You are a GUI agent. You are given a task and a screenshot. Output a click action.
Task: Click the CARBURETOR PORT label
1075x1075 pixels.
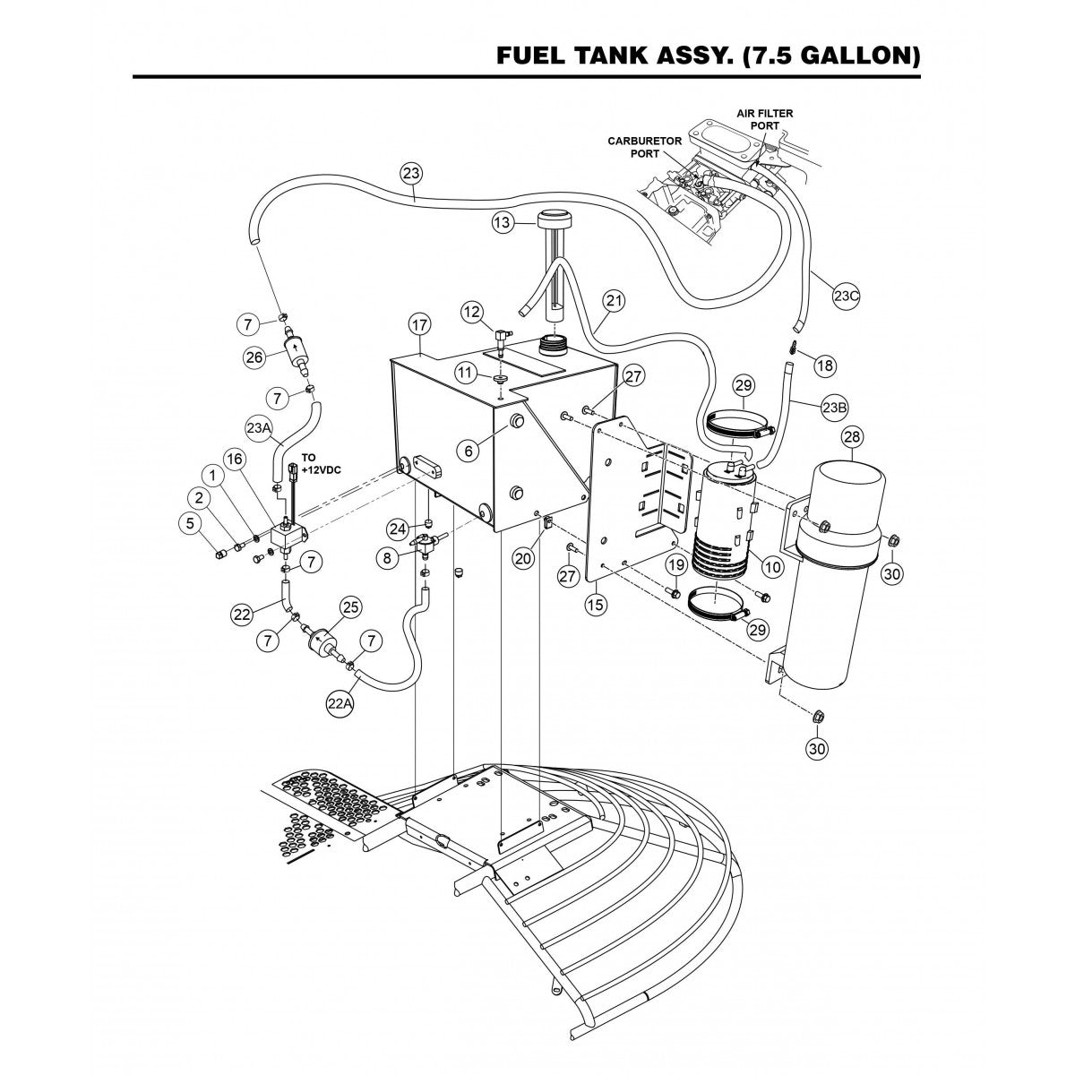coord(646,147)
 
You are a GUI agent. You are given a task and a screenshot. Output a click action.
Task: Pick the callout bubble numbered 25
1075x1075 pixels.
coord(350,608)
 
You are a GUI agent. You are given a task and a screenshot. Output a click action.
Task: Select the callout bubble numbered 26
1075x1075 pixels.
coord(253,357)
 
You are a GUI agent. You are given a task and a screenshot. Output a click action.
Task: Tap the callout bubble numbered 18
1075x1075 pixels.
coord(823,365)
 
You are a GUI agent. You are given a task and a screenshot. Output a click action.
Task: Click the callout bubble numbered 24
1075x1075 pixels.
coord(397,526)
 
